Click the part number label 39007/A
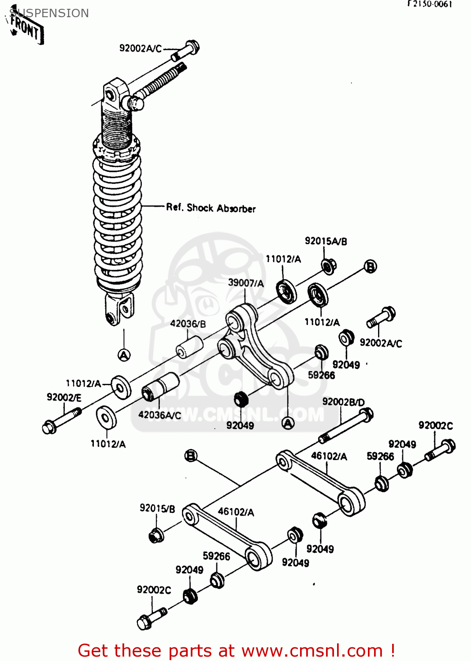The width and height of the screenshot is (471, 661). point(245,283)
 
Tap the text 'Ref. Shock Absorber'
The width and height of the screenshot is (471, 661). point(211,208)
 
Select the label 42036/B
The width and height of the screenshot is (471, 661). point(188,324)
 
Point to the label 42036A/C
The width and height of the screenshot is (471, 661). point(159,415)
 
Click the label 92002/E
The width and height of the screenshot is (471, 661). point(64,397)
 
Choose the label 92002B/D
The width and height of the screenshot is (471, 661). point(343,402)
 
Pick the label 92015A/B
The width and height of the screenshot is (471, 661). point(326,241)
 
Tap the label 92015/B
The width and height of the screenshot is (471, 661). point(157,509)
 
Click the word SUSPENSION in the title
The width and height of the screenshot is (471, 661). point(49,13)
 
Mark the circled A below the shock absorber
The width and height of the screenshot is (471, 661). point(124,355)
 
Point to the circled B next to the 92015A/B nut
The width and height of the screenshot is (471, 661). point(371,267)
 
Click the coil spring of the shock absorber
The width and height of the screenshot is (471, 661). point(118,220)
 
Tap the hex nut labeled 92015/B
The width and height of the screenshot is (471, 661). point(156,535)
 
